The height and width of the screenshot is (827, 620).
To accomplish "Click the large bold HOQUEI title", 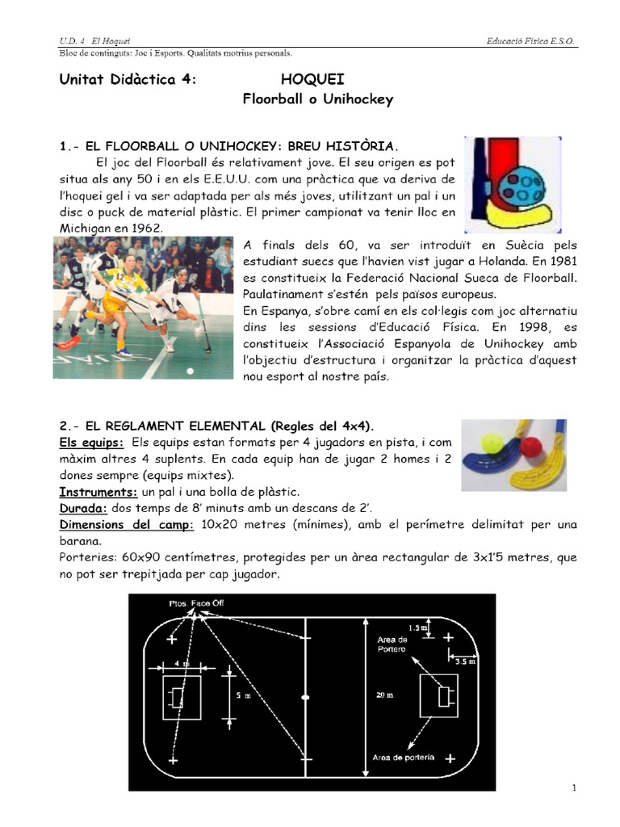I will (312, 79).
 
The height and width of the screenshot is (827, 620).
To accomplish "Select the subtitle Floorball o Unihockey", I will (318, 99).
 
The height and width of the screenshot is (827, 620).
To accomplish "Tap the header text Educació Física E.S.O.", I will (532, 40).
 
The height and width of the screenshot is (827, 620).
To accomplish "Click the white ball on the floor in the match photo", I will (191, 371).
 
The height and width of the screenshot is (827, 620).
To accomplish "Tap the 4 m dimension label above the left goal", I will (182, 665).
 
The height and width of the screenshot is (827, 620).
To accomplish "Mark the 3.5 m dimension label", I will (466, 660).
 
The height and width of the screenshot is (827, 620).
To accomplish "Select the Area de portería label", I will (403, 757).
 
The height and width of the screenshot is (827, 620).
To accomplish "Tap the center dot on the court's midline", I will (305, 696).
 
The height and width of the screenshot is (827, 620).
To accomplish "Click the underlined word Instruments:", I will (98, 492).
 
